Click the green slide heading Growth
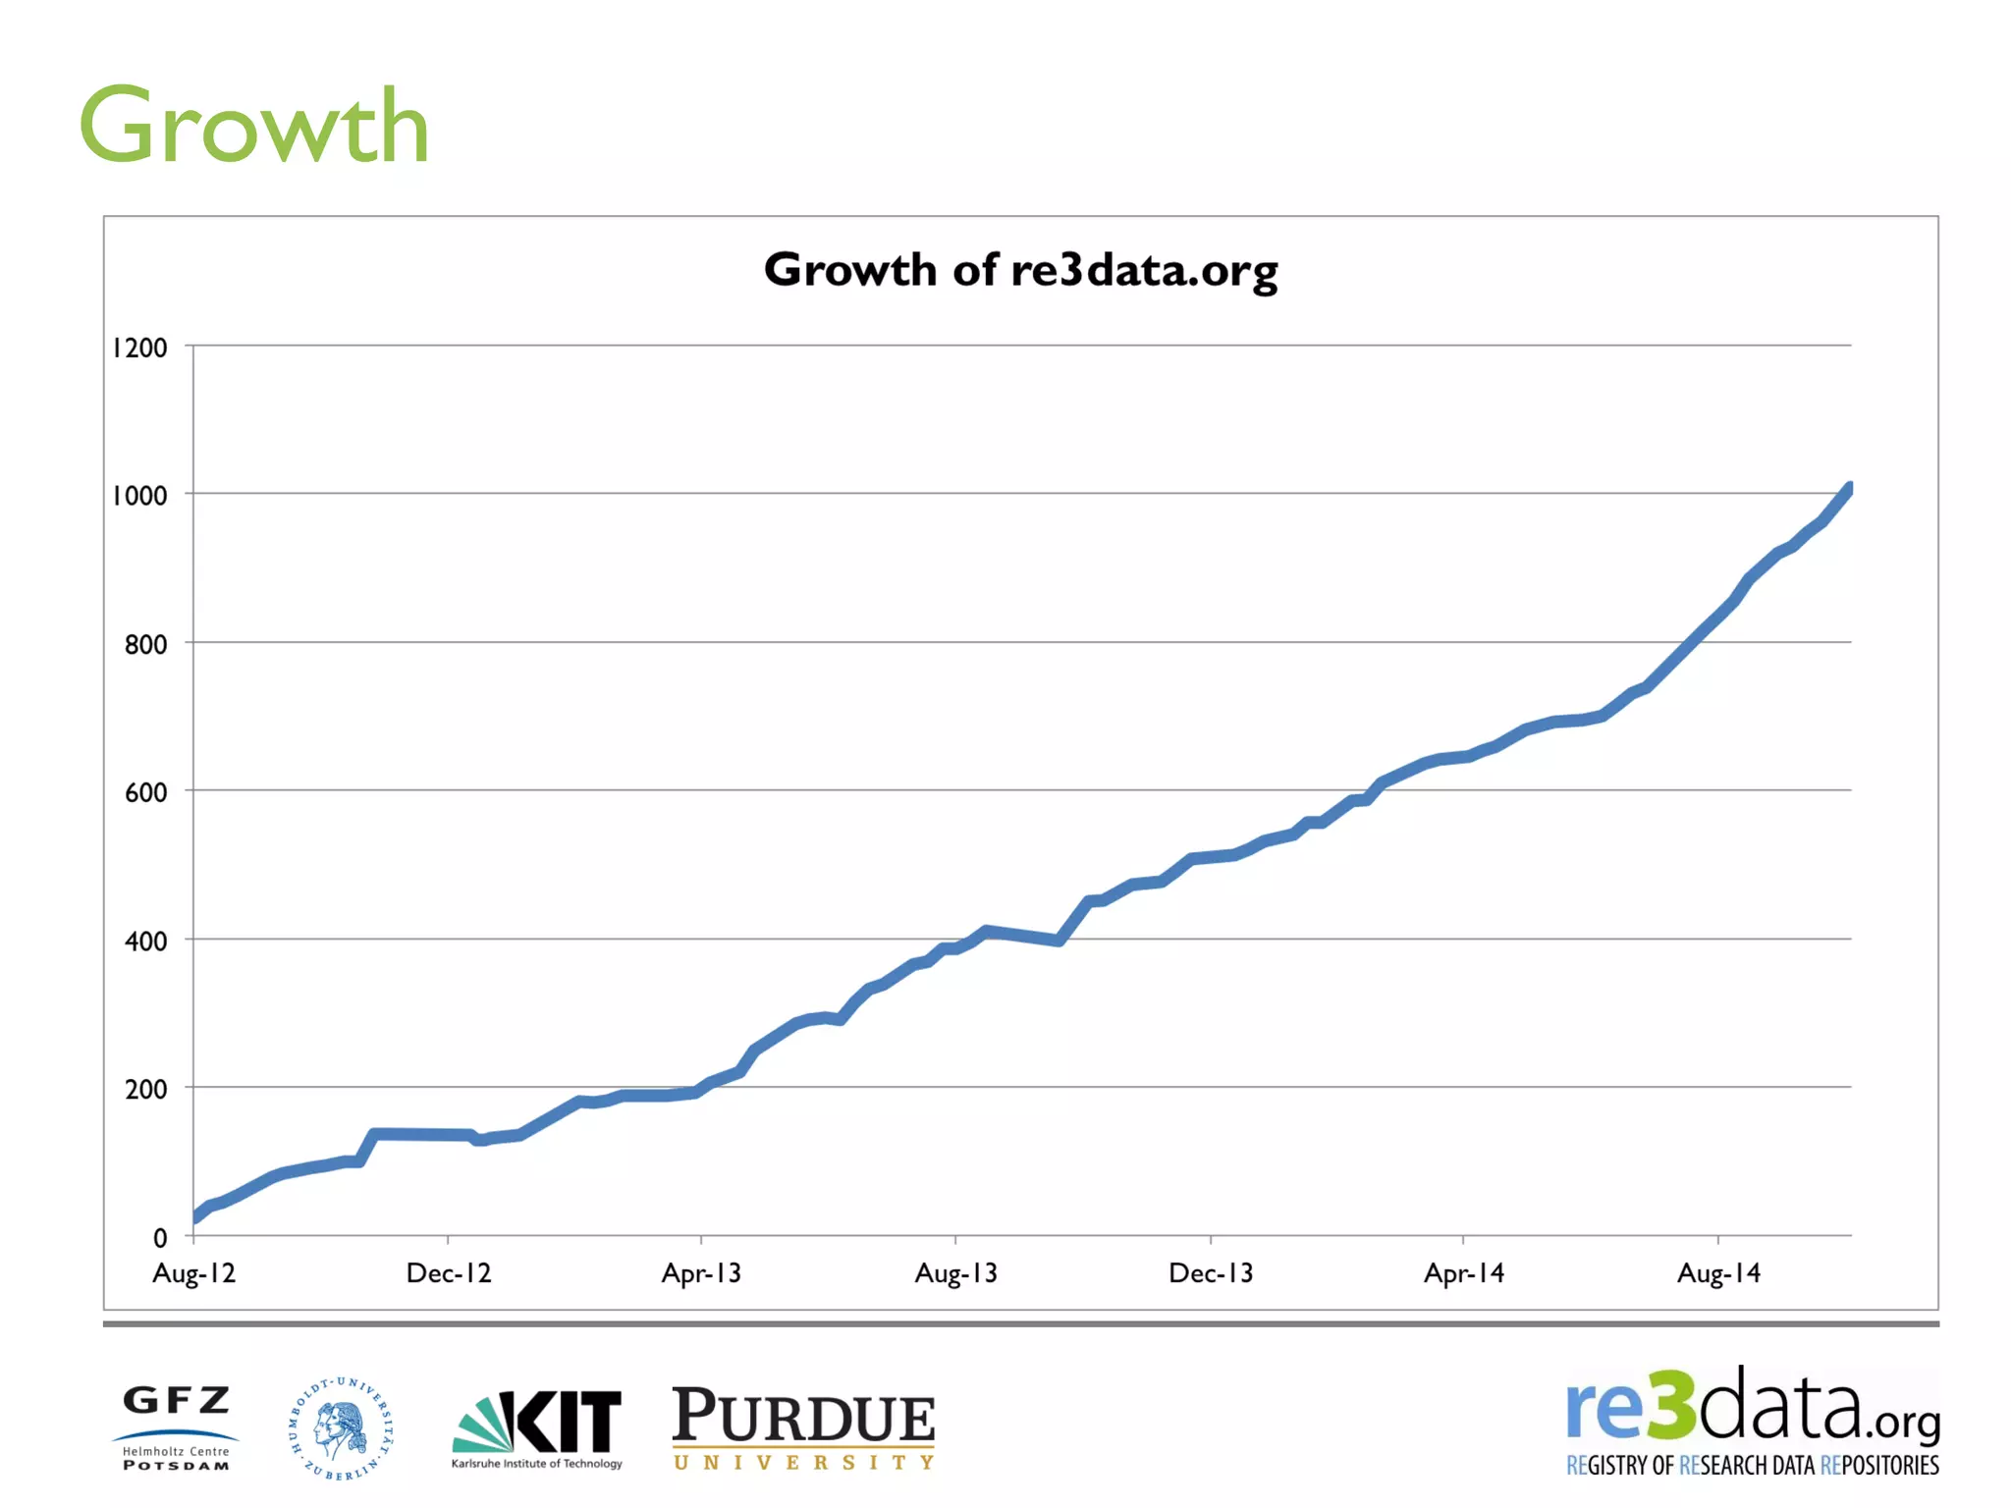tap(253, 128)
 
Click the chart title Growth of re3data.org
tap(1020, 270)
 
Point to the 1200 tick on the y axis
tap(139, 348)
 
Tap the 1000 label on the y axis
tap(139, 496)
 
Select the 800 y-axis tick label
tap(145, 645)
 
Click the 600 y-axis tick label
tap(145, 793)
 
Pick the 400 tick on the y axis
tap(145, 942)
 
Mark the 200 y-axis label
tap(145, 1090)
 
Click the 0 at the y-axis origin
tap(160, 1239)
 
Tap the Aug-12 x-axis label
tap(194, 1273)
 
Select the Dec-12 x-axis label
tap(449, 1273)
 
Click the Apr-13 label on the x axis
tap(701, 1273)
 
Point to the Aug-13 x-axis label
tap(955, 1273)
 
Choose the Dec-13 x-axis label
tap(1211, 1273)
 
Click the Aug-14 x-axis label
tap(1718, 1273)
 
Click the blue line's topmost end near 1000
tap(1848, 489)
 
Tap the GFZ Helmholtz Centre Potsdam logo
tap(176, 1427)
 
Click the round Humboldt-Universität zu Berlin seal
tap(341, 1428)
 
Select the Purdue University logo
tap(803, 1428)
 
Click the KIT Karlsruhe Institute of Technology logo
tap(537, 1428)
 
